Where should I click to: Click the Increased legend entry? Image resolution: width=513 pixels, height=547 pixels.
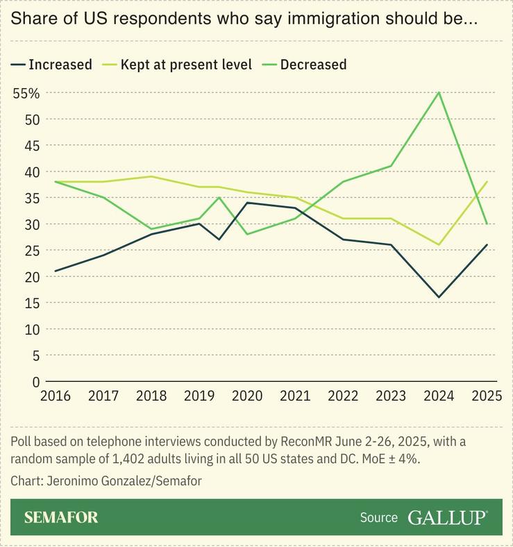52,65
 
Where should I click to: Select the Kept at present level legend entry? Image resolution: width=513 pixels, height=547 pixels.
179,65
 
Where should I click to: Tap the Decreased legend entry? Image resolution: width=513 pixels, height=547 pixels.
305,65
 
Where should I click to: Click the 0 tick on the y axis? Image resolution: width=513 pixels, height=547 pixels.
35,382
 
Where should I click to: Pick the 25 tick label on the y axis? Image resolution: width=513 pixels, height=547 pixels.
32,251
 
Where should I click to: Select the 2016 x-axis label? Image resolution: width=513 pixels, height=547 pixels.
55,396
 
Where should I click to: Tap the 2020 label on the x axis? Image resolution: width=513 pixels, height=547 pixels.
247,396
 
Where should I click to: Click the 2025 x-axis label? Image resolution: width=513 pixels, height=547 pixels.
487,396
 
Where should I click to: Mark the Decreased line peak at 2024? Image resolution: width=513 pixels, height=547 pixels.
439,92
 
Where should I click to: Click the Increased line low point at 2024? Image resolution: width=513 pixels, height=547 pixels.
439,297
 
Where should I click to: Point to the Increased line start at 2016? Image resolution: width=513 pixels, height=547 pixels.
55,271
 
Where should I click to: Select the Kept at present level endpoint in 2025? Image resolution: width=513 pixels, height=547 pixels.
487,182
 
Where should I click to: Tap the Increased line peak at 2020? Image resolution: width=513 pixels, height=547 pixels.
247,203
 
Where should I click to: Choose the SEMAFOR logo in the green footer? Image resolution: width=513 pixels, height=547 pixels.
61,517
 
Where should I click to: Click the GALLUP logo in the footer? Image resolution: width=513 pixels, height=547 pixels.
448,517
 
